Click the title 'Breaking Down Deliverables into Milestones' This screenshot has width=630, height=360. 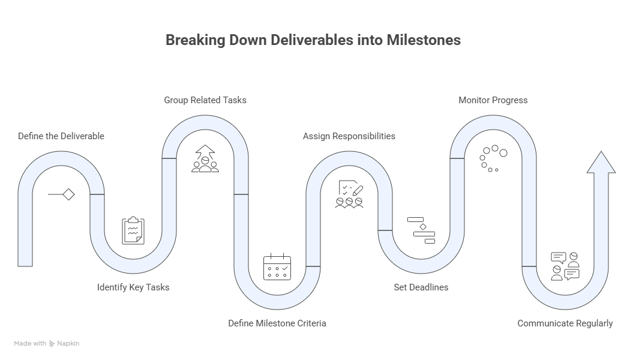(x=313, y=40)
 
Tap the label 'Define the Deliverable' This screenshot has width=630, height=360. (x=61, y=136)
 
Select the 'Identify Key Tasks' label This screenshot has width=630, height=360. (x=133, y=287)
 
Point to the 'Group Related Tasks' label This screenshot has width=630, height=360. (x=205, y=100)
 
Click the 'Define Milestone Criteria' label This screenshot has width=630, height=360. (x=277, y=323)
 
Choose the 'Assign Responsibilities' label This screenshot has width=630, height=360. (x=349, y=136)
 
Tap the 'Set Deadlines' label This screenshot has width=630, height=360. (x=421, y=287)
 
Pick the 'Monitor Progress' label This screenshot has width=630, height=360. (x=493, y=100)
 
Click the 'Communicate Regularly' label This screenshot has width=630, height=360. (x=565, y=323)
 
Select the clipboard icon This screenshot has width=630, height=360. (x=133, y=230)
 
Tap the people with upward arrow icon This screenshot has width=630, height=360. (x=205, y=158)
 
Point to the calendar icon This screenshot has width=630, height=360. (x=277, y=266)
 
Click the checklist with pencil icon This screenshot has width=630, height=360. (x=349, y=194)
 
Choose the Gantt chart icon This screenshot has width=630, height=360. (x=421, y=230)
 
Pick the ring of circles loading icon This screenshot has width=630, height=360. (x=493, y=158)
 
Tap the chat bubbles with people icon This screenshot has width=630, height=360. (x=565, y=266)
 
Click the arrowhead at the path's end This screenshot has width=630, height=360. (x=601, y=164)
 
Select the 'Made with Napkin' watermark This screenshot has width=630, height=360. (x=47, y=344)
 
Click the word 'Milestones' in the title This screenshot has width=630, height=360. (x=424, y=40)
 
